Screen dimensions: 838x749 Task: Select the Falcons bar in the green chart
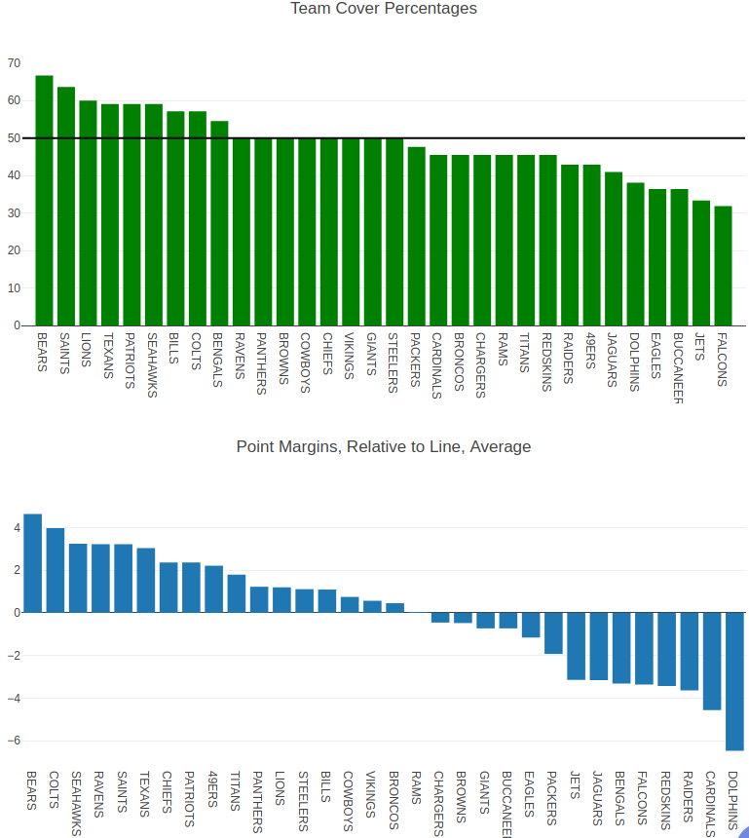[723, 265]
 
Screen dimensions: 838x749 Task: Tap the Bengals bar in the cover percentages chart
[219, 223]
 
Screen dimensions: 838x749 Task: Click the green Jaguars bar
[614, 248]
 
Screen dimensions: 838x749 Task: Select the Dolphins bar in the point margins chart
[734, 681]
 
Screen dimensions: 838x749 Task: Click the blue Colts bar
[56, 570]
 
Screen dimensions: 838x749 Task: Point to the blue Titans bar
[237, 593]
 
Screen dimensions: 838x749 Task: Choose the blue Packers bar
[553, 632]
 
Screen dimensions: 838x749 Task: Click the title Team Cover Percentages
[384, 9]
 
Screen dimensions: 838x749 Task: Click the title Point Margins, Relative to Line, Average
[384, 447]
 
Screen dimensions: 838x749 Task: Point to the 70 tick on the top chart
[14, 63]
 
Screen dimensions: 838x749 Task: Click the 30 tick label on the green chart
[14, 213]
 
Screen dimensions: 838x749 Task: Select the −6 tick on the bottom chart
[12, 741]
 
